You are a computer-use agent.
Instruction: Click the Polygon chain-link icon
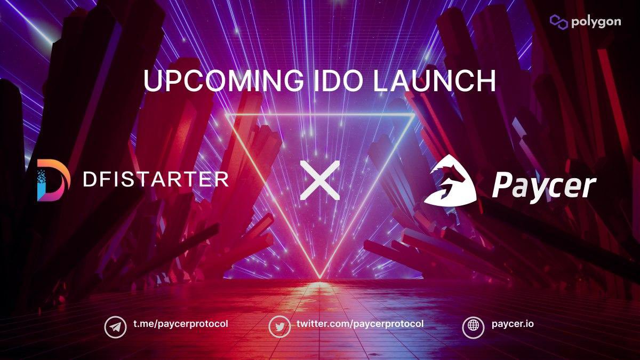coord(558,22)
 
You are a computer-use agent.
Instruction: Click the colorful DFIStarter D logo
coord(53,179)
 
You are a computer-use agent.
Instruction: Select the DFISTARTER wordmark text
coord(155,179)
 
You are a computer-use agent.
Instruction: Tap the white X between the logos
coord(319,180)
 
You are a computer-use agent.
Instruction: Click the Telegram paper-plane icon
coord(114,326)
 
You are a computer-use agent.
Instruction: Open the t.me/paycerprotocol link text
coord(180,324)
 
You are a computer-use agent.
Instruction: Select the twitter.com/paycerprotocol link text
coord(360,324)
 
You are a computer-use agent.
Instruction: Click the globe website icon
coord(473,326)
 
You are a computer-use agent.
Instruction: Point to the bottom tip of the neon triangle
coord(320,278)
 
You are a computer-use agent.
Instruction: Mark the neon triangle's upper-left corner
coord(226,115)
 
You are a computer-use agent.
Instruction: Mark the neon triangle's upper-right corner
coord(414,115)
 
